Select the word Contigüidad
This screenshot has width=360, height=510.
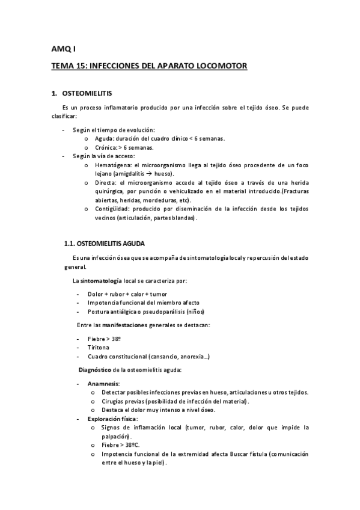click(114, 209)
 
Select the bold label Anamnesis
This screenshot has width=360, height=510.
click(103, 383)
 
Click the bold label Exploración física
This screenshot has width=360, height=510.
click(112, 419)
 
